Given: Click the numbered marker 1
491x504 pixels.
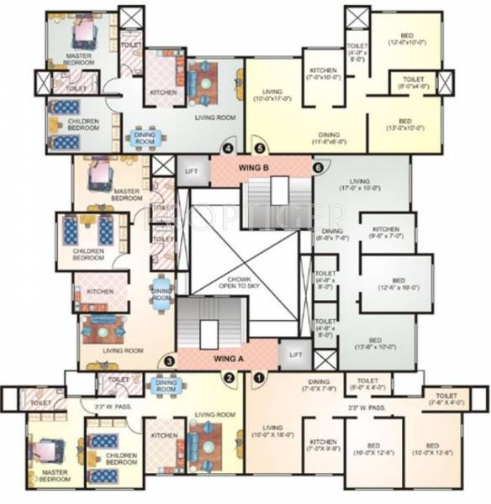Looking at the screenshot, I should coord(259,377).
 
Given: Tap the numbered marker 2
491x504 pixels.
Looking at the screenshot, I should coord(228,378).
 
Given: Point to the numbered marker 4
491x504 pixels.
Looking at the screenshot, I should coord(227,150).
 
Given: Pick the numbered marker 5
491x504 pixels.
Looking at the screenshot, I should coord(260,150).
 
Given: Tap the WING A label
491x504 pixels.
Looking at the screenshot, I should coord(229,358).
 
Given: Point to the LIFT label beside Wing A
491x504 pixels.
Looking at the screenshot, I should coord(294,354).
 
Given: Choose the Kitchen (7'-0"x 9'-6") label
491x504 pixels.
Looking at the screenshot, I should coord(324,446).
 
